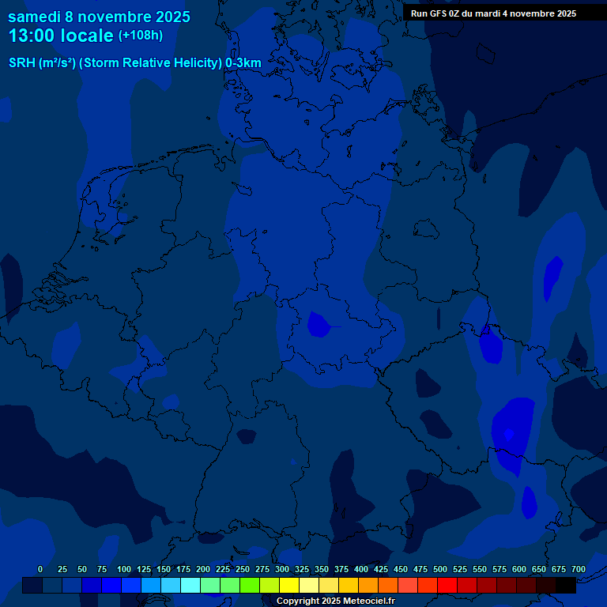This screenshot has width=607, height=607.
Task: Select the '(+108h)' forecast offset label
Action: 141,36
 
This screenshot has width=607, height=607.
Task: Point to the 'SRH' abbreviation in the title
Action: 21,62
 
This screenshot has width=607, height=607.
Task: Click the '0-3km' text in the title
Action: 243,62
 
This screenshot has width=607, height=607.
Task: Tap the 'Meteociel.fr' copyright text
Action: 364,601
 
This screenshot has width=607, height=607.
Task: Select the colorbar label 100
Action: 124,569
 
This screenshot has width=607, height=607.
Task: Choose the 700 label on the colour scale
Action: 578,569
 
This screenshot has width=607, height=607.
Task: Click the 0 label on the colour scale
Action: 40,569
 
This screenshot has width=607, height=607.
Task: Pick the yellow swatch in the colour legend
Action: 289,586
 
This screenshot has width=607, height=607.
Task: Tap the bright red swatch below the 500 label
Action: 447,586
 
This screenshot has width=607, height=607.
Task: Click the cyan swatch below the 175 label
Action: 190,586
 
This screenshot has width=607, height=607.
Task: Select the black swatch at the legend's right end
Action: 566,586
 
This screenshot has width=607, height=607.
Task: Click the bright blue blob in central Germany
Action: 319,324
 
